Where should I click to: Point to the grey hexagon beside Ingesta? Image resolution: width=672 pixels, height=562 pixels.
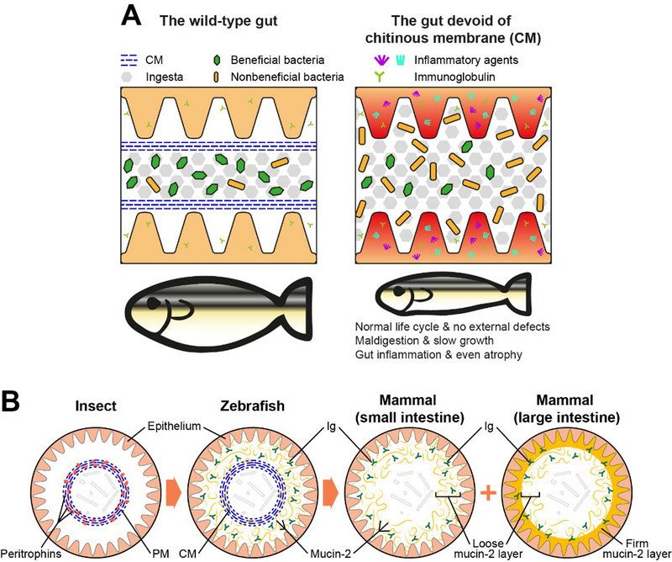point(125,77)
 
